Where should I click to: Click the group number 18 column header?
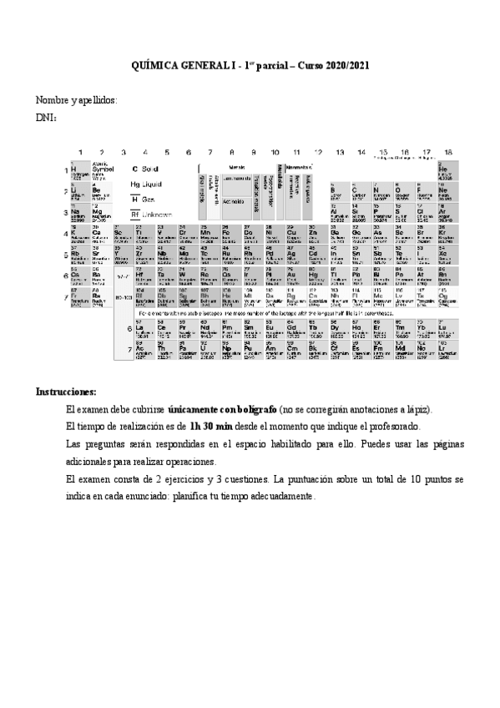(448, 152)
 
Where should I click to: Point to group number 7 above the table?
(210, 152)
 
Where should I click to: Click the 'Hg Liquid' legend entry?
(146, 184)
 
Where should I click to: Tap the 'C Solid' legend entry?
(145, 169)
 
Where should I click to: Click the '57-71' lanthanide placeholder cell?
(123, 276)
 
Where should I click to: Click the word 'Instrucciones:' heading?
(66, 392)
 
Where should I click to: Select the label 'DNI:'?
(46, 119)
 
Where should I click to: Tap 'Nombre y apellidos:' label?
(76, 101)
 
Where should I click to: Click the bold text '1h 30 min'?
(211, 427)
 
